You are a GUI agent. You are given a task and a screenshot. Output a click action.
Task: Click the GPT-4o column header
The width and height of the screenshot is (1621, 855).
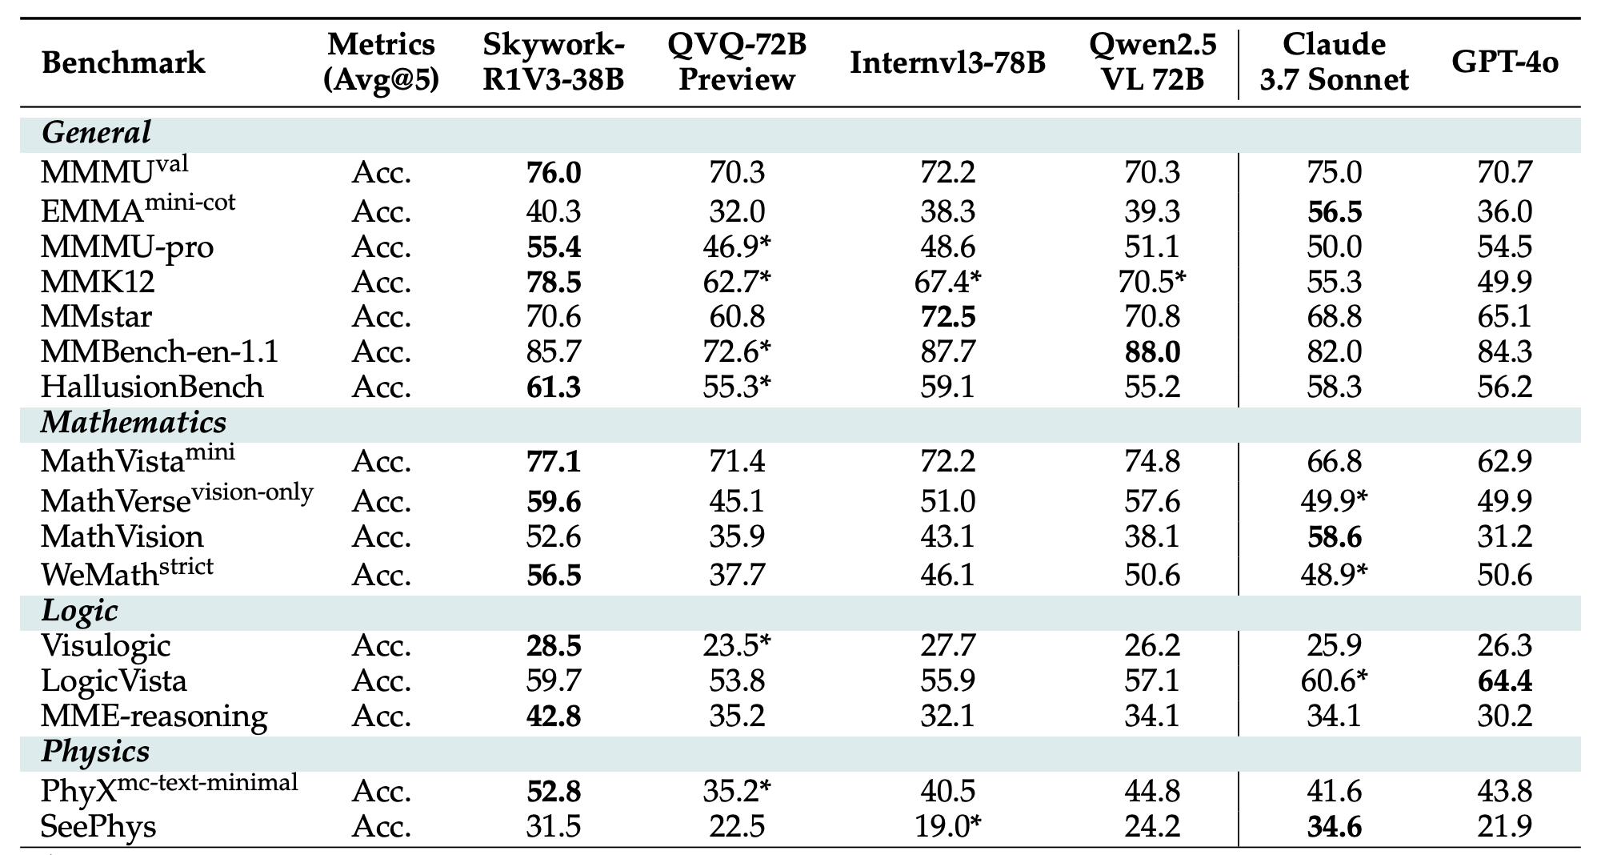[x=1504, y=62]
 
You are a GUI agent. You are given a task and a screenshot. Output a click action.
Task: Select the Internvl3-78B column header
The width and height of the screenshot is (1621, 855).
[x=947, y=62]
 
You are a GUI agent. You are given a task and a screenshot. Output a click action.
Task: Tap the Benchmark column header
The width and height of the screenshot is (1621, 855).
[x=123, y=62]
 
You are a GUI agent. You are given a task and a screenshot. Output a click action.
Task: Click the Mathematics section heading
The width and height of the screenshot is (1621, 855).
[x=134, y=423]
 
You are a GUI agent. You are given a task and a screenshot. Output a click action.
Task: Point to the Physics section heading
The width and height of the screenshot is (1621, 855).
[x=95, y=752]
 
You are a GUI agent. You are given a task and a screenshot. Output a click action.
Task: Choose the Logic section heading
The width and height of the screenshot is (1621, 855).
[x=79, y=611]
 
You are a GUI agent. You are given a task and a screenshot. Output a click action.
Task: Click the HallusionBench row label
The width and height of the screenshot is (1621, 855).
[x=152, y=387]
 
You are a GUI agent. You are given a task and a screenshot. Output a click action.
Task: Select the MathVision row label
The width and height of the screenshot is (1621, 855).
[x=122, y=536]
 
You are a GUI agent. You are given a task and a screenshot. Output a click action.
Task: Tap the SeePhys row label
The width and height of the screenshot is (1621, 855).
[x=98, y=826]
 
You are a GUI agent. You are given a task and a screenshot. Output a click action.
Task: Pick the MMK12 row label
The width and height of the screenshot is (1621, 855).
[x=98, y=282]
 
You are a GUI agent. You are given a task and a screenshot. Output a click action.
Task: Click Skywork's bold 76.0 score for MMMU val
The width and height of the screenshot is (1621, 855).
[x=554, y=172]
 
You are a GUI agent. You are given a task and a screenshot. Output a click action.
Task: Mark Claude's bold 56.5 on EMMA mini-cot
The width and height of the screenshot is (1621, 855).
[x=1334, y=211]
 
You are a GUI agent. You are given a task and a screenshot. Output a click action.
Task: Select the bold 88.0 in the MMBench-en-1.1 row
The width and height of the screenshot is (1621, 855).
[x=1151, y=352]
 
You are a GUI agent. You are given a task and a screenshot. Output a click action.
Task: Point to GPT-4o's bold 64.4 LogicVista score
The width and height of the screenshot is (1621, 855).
[x=1504, y=680]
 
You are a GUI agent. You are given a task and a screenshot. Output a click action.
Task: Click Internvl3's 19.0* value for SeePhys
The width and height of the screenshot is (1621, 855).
[x=947, y=826]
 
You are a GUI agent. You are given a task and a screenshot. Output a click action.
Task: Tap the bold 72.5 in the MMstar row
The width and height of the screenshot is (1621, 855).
[x=947, y=316]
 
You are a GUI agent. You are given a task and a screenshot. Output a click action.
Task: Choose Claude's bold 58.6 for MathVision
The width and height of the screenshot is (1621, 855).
[x=1334, y=536]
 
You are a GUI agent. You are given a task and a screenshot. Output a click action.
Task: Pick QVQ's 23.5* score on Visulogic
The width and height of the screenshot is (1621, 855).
[x=737, y=645]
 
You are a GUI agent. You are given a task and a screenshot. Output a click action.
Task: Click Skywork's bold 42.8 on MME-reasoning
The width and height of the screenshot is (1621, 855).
[x=554, y=715]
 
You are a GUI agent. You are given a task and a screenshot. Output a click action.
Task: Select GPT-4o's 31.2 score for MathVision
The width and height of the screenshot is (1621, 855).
[x=1504, y=536]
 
